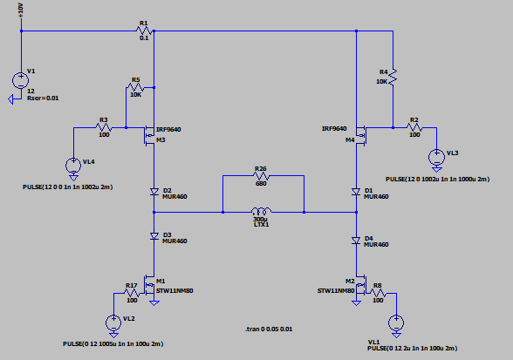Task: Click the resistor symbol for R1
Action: (144, 31)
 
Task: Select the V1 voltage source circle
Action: (21, 80)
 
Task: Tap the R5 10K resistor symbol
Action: (135, 87)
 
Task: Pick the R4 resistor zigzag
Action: (393, 77)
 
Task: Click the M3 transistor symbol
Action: (150, 135)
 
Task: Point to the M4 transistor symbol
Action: (360, 135)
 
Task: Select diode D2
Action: (154, 192)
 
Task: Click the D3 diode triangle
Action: (154, 236)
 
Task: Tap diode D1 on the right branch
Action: (356, 192)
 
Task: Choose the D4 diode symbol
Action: (356, 241)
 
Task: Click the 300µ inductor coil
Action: (261, 210)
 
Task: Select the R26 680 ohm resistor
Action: (261, 176)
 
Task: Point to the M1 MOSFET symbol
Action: (150, 285)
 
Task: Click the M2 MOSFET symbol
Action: (360, 285)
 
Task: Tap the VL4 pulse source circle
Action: (73, 165)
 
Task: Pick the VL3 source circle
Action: (436, 157)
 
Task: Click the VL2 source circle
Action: (113, 323)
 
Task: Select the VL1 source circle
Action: (396, 323)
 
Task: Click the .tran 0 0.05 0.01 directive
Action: (269, 329)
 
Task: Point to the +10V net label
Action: (21, 10)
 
